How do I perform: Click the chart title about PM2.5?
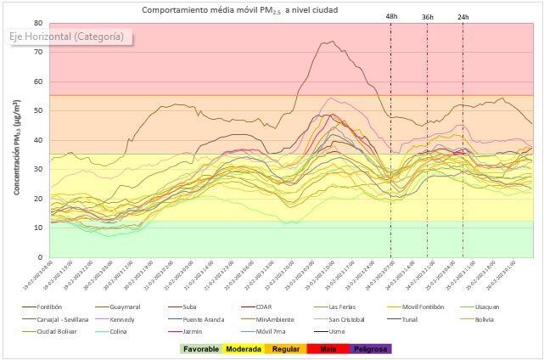coord(239,9)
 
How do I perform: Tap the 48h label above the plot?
coord(390,16)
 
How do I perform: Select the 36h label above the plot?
coord(427,16)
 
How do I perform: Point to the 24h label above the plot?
coord(463,16)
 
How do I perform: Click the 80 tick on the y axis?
coord(39,23)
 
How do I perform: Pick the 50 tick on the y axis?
coord(39,110)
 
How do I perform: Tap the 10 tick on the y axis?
coord(39,228)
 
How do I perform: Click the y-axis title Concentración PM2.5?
coord(17,140)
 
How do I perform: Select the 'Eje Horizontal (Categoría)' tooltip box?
coord(67,37)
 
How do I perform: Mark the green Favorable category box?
coord(204,348)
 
